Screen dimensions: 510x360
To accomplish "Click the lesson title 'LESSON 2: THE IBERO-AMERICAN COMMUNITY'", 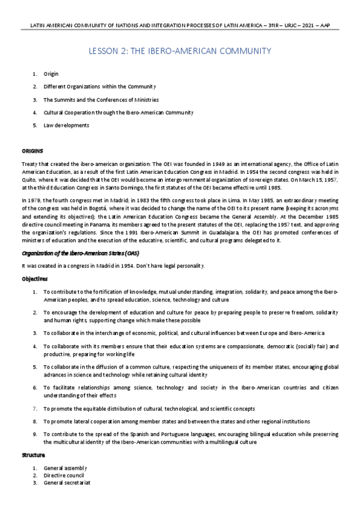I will tap(180, 51).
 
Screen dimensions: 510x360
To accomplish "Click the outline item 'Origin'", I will tap(51, 74).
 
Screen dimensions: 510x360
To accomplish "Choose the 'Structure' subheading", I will tap(34, 456).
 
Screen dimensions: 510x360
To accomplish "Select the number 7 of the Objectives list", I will tap(35, 408).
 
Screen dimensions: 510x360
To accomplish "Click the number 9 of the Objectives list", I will tap(35, 434).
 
